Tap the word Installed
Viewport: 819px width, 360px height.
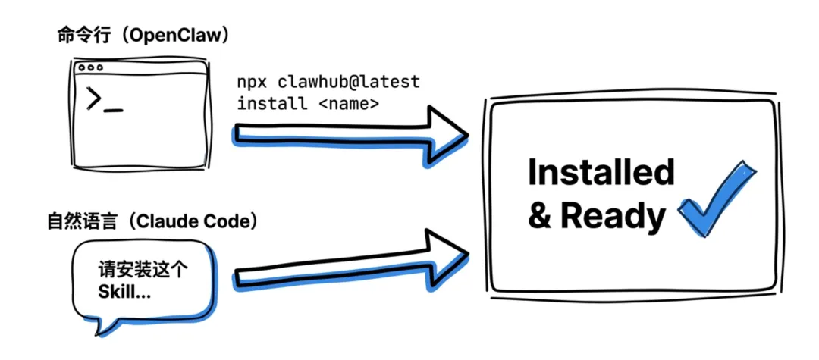coord(601,173)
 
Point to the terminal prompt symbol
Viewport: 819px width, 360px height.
coord(95,99)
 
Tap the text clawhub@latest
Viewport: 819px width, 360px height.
coord(348,81)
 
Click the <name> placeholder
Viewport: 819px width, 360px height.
coord(348,103)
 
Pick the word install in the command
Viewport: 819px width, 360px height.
coord(272,103)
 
